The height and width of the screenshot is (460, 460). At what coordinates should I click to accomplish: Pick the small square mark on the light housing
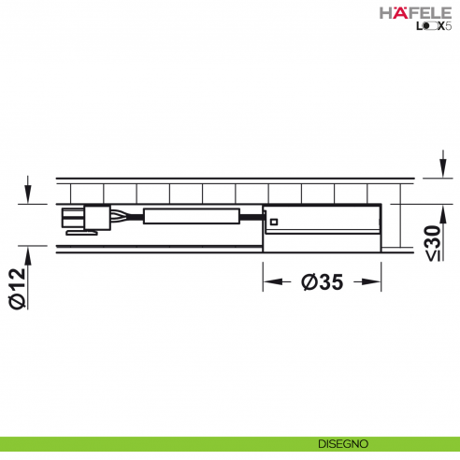click(275, 222)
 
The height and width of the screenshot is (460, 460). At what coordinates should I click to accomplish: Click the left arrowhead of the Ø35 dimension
click(269, 280)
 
